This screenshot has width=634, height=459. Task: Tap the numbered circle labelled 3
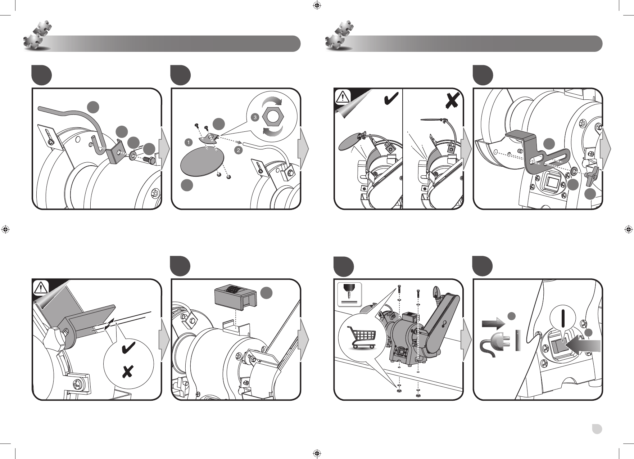255,117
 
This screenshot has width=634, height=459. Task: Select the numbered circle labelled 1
188,143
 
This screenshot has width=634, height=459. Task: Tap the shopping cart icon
361,336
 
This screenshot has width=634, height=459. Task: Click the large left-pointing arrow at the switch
583,345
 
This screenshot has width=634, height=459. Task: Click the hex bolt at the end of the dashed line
149,159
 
